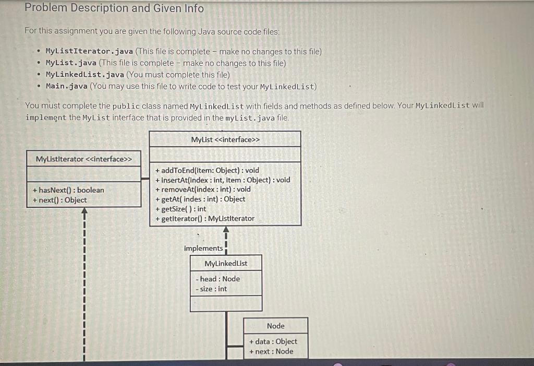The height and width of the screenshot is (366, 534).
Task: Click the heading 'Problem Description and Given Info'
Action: click(114, 8)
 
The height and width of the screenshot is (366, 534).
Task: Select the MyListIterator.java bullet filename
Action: click(89, 52)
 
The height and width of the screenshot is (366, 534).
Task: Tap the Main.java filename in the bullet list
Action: click(67, 86)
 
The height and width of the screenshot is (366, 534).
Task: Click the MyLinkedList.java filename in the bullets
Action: click(85, 75)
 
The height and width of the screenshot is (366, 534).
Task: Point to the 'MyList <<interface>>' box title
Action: click(225, 139)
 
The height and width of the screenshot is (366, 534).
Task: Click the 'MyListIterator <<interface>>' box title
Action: click(84, 159)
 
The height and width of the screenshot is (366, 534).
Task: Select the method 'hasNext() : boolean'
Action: click(68, 190)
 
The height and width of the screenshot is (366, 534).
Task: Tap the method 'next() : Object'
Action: click(59, 200)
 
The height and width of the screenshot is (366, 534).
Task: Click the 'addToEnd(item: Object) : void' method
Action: click(207, 170)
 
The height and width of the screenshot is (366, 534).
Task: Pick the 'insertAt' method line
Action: click(223, 180)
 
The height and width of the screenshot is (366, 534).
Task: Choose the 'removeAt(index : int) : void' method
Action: click(203, 190)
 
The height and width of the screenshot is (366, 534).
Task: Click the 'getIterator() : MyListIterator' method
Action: click(204, 219)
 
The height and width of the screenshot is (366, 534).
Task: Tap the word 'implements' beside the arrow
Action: click(203, 249)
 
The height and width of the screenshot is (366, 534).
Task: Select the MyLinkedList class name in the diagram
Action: click(226, 264)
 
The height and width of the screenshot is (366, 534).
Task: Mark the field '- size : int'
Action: click(211, 289)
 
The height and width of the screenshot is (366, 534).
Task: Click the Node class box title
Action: click(275, 326)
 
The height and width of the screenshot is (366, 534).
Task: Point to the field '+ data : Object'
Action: click(273, 341)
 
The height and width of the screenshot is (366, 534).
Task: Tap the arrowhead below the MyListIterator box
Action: click(83, 212)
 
